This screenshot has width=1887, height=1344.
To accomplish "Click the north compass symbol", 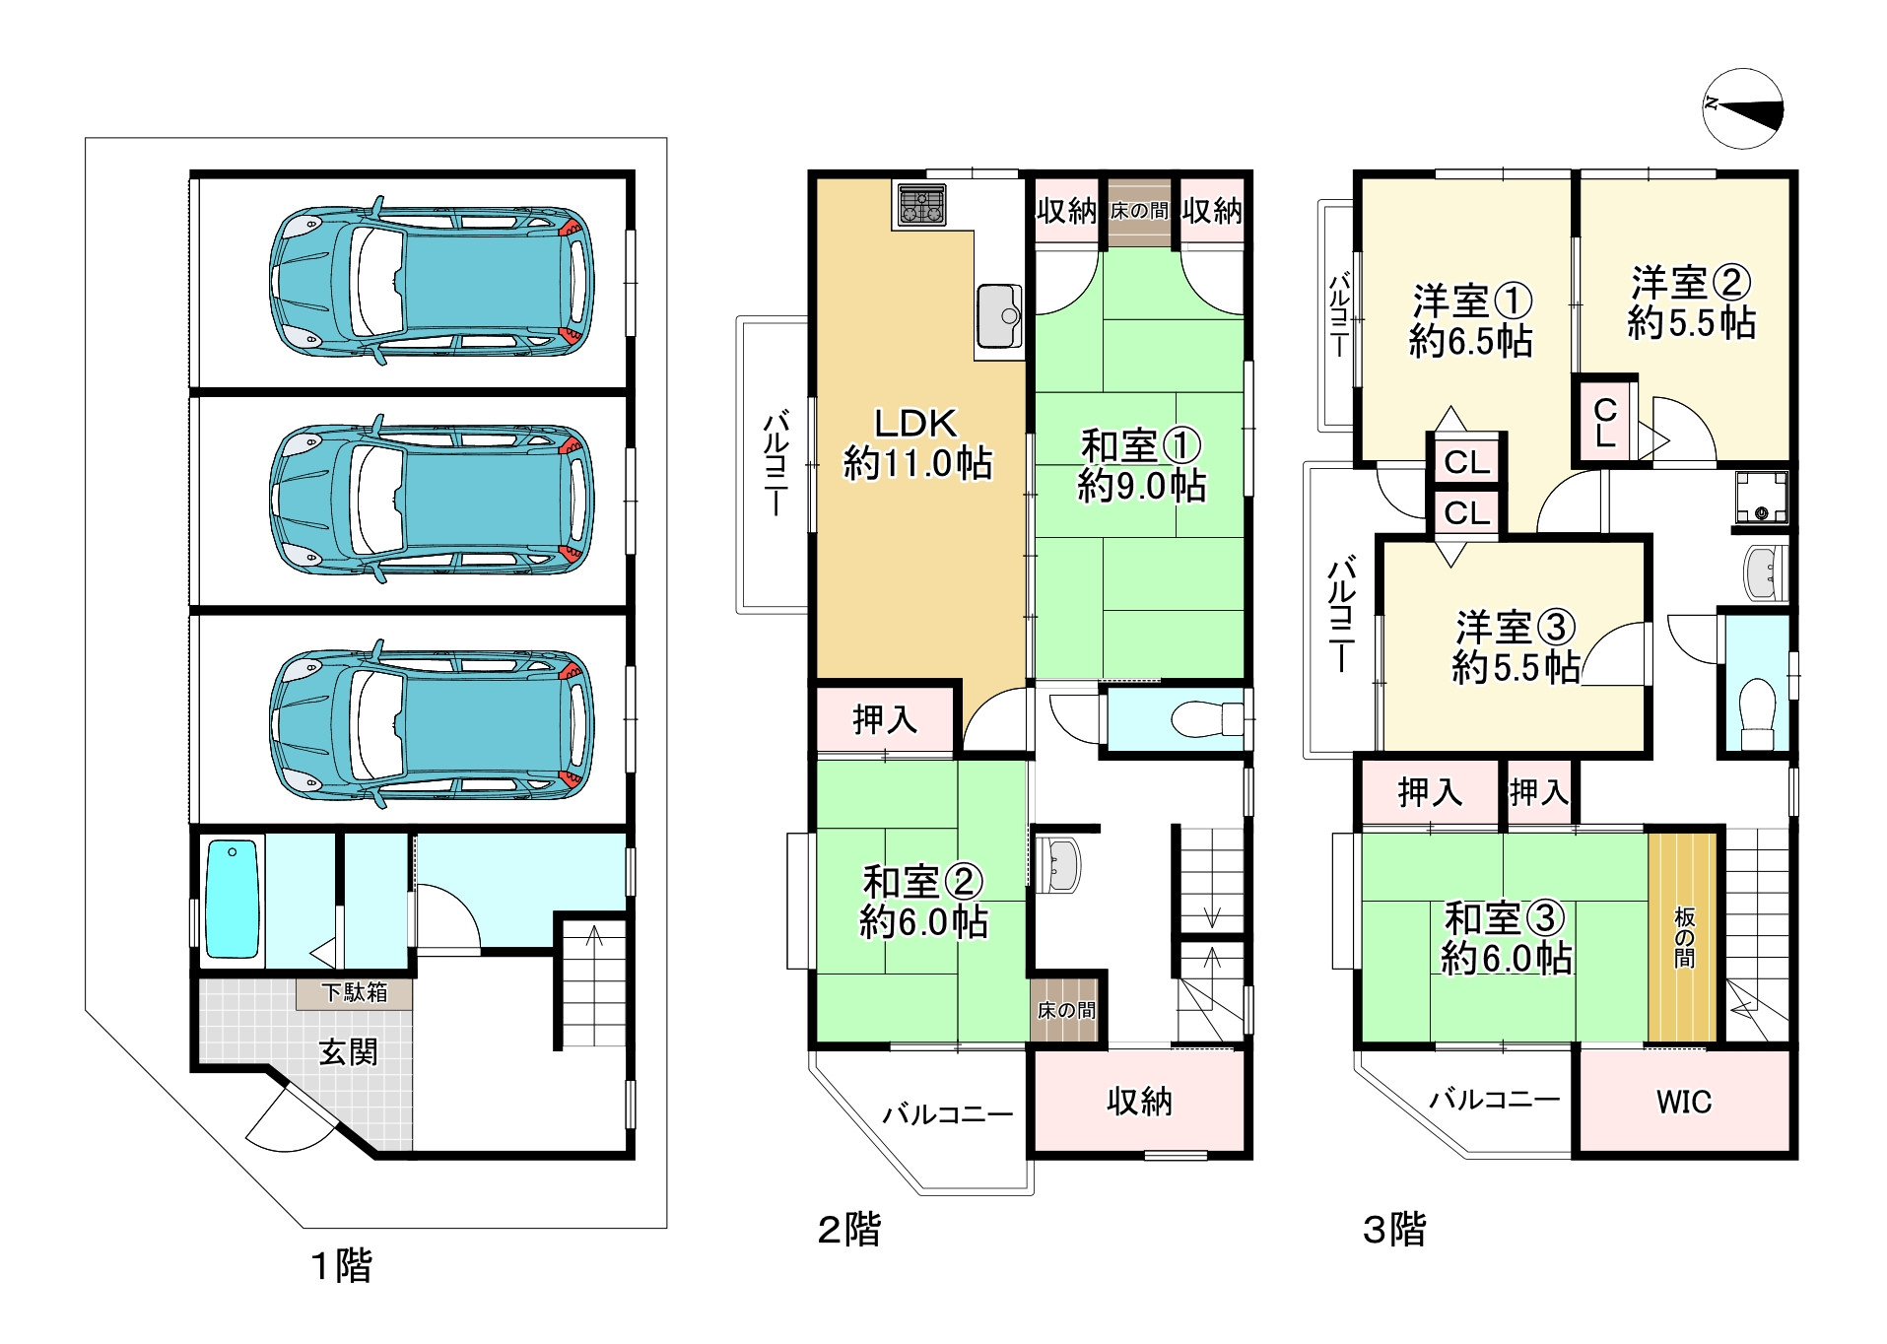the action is tap(1742, 108).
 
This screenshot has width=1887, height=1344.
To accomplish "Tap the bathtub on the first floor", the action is tap(233, 900).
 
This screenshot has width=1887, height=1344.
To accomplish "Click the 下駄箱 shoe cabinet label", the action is tap(355, 992).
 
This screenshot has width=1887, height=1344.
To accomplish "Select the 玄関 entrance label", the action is tap(348, 1052).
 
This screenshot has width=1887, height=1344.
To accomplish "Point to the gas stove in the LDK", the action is tap(921, 205).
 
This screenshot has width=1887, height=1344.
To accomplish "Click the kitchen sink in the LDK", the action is tap(999, 316).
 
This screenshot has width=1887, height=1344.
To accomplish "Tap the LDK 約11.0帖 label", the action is tap(917, 443).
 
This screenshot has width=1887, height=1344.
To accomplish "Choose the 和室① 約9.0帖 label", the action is tap(1141, 466).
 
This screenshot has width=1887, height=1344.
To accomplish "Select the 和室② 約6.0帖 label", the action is tap(923, 903).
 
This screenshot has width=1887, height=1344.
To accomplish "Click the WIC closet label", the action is tap(1684, 1102).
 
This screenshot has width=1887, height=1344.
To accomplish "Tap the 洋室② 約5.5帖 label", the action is tap(1691, 303).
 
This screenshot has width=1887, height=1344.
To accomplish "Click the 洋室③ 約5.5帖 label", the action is tap(1516, 647).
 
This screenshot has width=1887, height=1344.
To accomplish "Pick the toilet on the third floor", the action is tap(1758, 713).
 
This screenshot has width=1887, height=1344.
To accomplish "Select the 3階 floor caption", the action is tap(1394, 1230).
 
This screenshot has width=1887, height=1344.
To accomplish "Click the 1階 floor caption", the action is tap(341, 1266).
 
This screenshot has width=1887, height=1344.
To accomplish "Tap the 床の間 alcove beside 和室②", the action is tap(1065, 1009).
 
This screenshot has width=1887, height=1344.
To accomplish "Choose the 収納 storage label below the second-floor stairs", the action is tap(1139, 1102).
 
